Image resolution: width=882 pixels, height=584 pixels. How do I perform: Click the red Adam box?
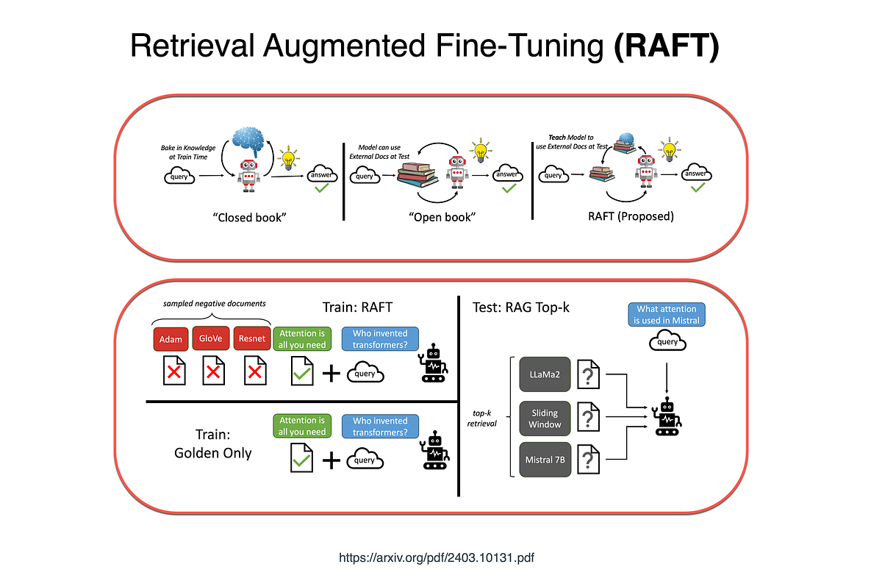point(171,340)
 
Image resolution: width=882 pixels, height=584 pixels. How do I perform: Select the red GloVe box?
point(212,340)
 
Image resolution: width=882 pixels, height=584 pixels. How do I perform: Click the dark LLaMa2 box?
point(545,374)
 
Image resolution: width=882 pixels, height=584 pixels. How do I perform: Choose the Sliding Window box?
point(545,419)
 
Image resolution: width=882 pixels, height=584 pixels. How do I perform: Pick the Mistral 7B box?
point(545,460)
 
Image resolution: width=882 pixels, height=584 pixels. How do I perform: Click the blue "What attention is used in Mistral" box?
point(667,314)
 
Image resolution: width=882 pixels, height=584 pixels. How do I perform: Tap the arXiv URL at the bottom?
point(437,558)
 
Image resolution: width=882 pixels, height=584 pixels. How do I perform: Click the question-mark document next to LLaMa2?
point(589,374)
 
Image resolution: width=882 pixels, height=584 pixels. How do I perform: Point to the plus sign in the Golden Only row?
point(331,460)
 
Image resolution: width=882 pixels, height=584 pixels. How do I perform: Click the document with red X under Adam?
point(174,371)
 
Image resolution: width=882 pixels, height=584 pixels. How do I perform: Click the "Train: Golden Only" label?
point(213,444)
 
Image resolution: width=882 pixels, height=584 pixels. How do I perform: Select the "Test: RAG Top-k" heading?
point(520,307)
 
